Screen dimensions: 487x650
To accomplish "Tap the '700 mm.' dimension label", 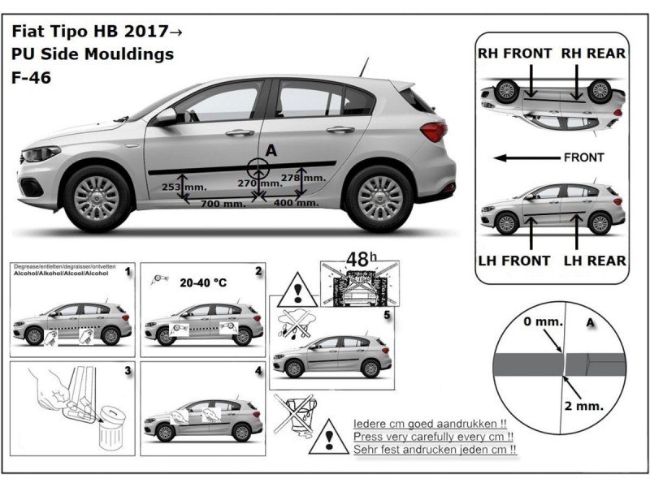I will click(223, 204).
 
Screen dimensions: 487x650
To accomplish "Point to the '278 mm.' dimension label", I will click(303, 177).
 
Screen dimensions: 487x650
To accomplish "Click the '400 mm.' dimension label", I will click(297, 203).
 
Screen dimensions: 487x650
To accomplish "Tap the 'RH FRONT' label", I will click(514, 54).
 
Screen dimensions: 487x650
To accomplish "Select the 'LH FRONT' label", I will click(514, 261).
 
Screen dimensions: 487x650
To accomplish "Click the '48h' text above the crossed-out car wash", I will click(358, 260).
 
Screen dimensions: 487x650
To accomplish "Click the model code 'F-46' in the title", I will click(31, 80).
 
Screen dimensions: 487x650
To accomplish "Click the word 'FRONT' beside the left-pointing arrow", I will click(583, 157).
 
